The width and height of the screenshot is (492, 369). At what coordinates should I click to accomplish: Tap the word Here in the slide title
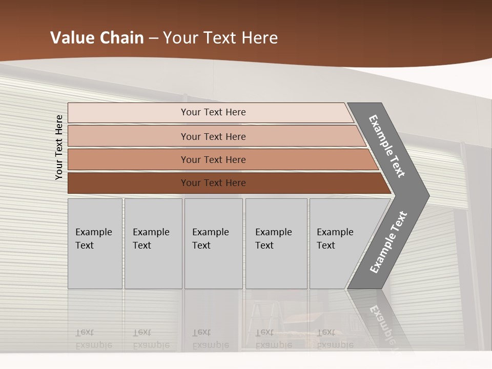pos(259,37)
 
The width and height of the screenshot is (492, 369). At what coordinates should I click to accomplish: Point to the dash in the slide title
pos(153,38)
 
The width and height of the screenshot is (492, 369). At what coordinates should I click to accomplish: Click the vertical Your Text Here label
pos(59,147)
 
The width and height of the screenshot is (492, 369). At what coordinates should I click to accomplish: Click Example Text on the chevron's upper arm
pos(387,146)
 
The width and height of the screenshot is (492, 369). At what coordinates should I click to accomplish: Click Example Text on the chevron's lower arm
pos(388,242)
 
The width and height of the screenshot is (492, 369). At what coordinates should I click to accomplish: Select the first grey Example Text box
pos(95,243)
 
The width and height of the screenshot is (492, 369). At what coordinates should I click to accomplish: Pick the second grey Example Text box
pos(153,243)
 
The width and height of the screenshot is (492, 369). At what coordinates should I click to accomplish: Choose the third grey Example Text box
pos(213,243)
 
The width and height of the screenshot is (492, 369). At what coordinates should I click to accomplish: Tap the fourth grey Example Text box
pos(276,243)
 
